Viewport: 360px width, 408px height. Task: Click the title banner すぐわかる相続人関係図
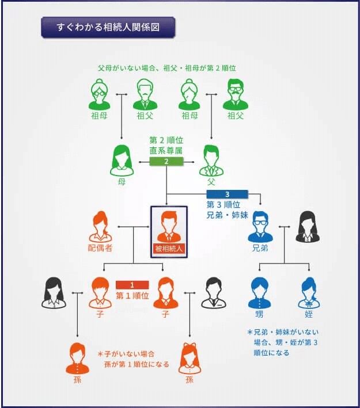[x=108, y=27]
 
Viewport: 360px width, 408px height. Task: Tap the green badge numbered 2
[x=166, y=162]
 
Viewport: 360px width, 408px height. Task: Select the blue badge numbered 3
[x=227, y=194]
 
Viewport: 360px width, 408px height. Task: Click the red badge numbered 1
[x=132, y=285]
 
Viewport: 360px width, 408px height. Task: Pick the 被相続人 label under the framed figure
[x=169, y=249]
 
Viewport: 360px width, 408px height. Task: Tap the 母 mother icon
[x=122, y=161]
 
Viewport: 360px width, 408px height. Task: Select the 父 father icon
[x=211, y=161]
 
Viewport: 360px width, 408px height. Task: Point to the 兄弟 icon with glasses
[x=260, y=227]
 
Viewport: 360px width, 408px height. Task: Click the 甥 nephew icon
[x=259, y=293]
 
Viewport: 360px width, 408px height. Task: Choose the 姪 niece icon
[x=309, y=293]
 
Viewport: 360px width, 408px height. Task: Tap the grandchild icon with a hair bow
[x=190, y=359]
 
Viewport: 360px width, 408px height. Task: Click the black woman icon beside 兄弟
[x=308, y=227]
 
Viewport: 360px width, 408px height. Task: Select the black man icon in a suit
[x=214, y=293]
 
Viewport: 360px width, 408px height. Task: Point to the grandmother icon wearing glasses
[x=100, y=94]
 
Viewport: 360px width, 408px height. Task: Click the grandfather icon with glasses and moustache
[x=236, y=94]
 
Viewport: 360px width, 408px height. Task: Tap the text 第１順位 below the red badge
[x=132, y=296]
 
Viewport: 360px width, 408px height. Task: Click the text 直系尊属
[x=166, y=151]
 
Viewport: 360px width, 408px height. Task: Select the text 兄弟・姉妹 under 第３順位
[x=227, y=215]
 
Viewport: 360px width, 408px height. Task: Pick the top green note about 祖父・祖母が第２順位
[x=167, y=68]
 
